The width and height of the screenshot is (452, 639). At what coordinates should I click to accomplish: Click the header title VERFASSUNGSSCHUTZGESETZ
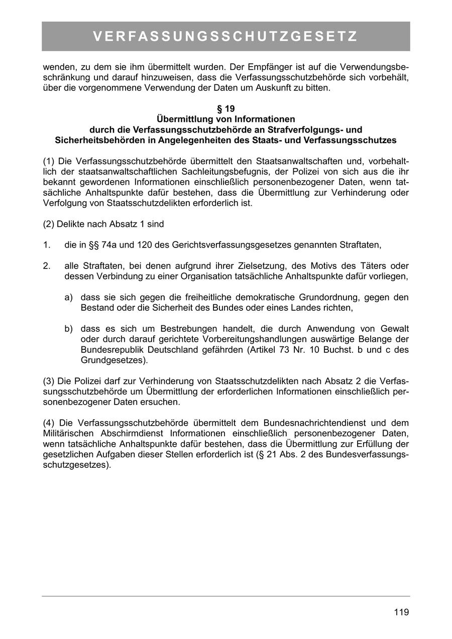(225, 37)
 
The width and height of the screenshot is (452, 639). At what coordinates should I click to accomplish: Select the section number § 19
(225, 108)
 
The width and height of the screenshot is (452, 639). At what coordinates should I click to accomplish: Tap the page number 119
(401, 612)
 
